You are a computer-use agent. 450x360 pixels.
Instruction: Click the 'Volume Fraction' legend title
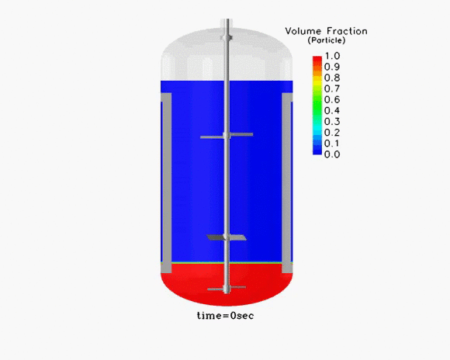click(x=327, y=31)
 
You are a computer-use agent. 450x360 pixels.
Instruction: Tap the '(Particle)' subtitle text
click(x=327, y=40)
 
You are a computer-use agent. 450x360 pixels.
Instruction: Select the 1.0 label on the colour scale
click(x=332, y=56)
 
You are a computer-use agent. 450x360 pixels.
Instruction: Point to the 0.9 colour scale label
click(x=332, y=67)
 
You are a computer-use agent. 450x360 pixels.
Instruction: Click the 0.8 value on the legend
click(x=332, y=78)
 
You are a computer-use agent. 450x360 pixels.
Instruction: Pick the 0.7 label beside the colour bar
click(x=332, y=88)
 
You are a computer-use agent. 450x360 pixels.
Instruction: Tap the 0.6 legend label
click(x=332, y=99)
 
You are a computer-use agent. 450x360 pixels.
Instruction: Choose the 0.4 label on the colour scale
click(x=332, y=110)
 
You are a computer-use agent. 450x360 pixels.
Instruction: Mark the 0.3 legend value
click(x=332, y=122)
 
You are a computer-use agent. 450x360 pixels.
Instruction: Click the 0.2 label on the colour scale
click(x=332, y=133)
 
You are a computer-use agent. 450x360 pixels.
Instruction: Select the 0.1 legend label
click(x=332, y=144)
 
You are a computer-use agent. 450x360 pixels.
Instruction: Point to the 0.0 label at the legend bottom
click(x=332, y=154)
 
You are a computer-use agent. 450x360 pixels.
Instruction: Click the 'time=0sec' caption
click(x=226, y=316)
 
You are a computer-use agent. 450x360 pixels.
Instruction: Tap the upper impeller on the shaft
click(x=227, y=136)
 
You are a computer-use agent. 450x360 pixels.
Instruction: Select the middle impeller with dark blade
click(x=227, y=237)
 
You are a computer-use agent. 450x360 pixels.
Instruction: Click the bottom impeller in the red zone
click(x=227, y=288)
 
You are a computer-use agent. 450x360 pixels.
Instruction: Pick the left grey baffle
click(x=167, y=182)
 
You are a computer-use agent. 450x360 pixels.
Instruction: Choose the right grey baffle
click(x=286, y=182)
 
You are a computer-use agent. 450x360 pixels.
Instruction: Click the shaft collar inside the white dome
click(x=227, y=37)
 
